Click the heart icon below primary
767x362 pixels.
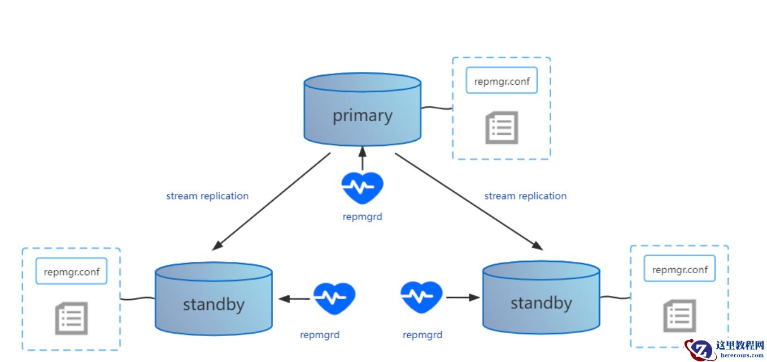[362, 187]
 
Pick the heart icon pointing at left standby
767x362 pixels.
[334, 298]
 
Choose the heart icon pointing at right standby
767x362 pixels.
[421, 297]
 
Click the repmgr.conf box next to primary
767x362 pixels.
[502, 81]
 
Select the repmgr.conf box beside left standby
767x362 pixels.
[71, 271]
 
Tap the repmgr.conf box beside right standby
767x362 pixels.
[679, 269]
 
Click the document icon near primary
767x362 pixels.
[502, 127]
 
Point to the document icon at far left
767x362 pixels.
[71, 318]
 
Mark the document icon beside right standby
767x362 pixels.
[679, 316]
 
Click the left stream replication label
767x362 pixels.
[207, 196]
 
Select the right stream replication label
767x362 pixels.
[525, 196]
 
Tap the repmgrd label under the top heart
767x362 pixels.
[362, 217]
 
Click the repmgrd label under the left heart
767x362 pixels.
[320, 335]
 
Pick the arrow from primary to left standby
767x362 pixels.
[271, 201]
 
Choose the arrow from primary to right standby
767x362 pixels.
[469, 201]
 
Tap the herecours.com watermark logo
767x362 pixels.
[725, 349]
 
